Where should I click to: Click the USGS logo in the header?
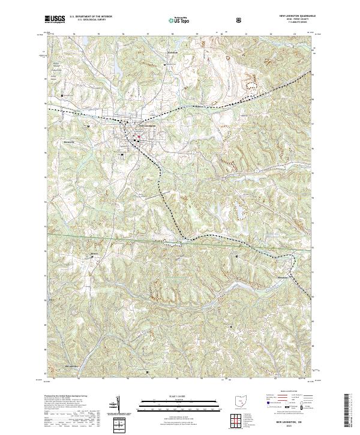tap(55, 19)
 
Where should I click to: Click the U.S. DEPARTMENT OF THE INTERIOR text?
tap(91, 17)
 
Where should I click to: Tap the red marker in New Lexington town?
tap(137, 136)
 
